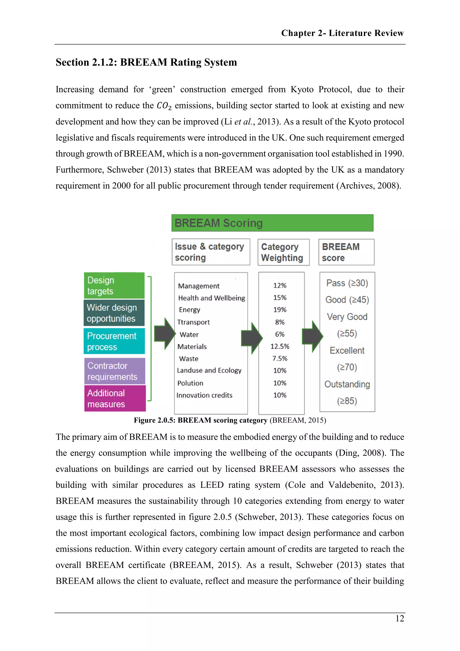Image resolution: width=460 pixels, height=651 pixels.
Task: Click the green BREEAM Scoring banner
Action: tap(272, 223)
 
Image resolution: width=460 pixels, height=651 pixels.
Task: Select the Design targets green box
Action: tap(114, 285)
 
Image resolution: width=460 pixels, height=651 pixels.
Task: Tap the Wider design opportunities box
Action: tap(114, 313)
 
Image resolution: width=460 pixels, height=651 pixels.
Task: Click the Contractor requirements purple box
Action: tap(115, 371)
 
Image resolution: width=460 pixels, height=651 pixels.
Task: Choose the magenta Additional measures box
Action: tap(115, 398)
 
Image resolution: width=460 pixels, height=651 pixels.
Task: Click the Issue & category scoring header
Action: tap(211, 252)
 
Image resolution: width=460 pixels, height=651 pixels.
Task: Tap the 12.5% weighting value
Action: tap(280, 346)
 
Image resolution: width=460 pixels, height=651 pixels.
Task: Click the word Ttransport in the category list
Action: tap(193, 322)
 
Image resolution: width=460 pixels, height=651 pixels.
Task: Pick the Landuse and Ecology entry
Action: tap(209, 371)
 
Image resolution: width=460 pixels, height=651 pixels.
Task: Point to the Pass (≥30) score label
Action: tap(347, 283)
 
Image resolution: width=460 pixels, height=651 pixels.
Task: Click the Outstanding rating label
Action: tap(347, 384)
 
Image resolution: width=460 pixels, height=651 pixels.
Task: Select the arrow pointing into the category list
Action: tap(165, 334)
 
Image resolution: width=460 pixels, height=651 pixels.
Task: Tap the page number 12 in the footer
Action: tap(400, 618)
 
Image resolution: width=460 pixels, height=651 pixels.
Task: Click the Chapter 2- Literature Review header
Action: tap(342, 33)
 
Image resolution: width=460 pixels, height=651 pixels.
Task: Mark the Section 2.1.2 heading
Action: tap(146, 62)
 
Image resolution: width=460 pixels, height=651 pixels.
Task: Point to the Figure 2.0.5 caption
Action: tap(230, 420)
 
